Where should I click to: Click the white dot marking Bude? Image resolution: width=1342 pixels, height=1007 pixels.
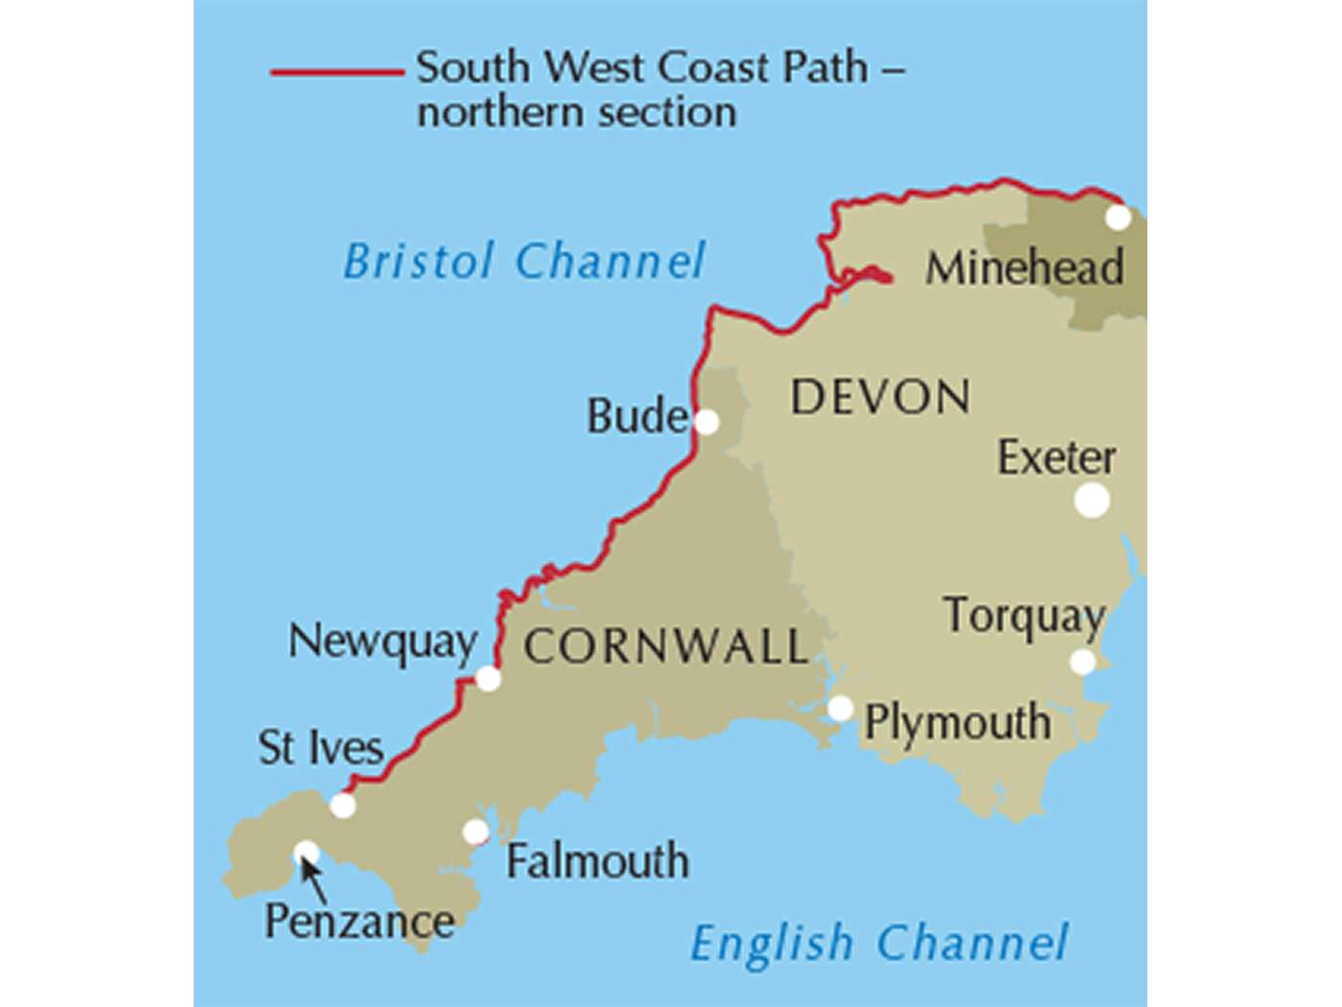(706, 422)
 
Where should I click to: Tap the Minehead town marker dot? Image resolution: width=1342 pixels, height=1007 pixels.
(1118, 218)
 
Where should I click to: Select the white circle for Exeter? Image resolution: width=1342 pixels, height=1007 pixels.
(1092, 500)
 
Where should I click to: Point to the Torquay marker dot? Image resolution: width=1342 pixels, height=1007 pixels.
(1082, 662)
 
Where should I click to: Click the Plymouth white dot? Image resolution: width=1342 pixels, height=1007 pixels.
(840, 709)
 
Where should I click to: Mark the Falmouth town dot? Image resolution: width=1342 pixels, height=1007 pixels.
(475, 831)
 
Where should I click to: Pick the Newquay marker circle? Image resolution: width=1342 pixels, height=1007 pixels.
(488, 679)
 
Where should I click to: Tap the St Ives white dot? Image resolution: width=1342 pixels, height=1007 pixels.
(342, 805)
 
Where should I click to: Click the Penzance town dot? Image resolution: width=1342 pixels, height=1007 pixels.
(306, 852)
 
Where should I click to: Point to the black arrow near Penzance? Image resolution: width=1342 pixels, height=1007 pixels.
(312, 878)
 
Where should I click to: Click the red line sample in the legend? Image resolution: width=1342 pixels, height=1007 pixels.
(336, 72)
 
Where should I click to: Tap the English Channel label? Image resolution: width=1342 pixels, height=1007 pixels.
(878, 943)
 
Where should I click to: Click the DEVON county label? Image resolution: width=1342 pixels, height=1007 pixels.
(880, 397)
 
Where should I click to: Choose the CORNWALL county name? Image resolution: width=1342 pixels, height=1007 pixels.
(665, 646)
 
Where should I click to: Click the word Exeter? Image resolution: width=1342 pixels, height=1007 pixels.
(1056, 457)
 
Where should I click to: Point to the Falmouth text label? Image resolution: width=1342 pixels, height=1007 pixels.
(597, 860)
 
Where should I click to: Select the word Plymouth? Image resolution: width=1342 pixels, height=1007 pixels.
(957, 722)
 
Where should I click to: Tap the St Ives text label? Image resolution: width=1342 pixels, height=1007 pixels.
(320, 747)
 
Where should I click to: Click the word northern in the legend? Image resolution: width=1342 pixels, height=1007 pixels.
(493, 112)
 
